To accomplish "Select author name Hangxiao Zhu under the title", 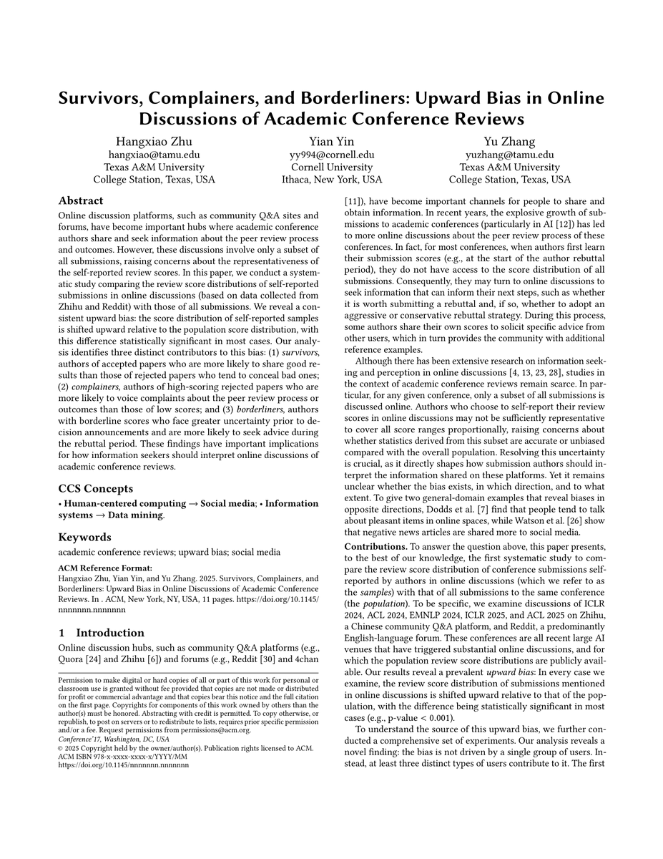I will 154,141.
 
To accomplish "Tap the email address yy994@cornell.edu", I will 332,154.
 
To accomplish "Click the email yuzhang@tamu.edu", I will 509,154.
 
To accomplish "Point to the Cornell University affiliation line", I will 332,167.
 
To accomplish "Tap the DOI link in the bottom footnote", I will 124,765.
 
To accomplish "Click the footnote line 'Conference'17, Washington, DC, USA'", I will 114,739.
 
